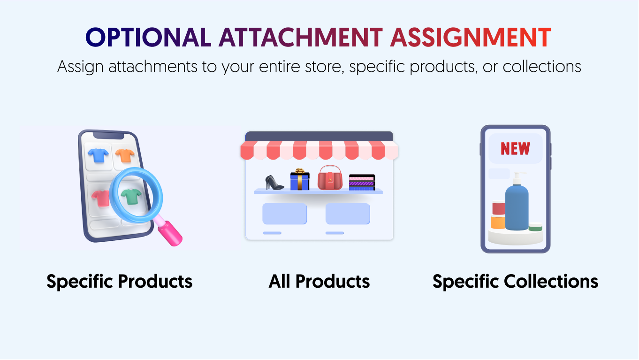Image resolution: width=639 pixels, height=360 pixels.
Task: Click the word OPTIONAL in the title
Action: click(x=148, y=38)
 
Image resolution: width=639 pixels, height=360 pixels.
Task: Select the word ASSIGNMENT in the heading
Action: click(x=470, y=38)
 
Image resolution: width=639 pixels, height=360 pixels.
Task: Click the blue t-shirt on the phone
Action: click(x=98, y=155)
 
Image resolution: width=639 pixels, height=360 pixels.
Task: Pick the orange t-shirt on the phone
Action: click(x=125, y=155)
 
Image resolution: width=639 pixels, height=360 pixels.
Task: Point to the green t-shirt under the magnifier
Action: click(x=131, y=196)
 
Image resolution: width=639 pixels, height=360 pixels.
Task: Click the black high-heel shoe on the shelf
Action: click(x=274, y=182)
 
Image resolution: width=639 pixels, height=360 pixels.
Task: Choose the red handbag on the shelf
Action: click(x=331, y=178)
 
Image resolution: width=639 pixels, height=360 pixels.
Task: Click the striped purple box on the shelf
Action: click(x=362, y=182)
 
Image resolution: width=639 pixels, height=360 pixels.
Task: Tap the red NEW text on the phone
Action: click(x=515, y=149)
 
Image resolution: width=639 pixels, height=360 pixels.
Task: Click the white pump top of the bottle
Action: click(x=517, y=178)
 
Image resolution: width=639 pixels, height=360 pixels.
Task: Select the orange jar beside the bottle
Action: click(x=498, y=222)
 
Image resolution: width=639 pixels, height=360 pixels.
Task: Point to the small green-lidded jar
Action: click(x=535, y=227)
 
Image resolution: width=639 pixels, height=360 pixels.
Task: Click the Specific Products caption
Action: click(x=119, y=282)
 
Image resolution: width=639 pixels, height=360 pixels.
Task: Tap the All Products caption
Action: click(x=319, y=282)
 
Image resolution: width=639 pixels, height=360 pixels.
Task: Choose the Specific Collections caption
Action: click(x=515, y=282)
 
